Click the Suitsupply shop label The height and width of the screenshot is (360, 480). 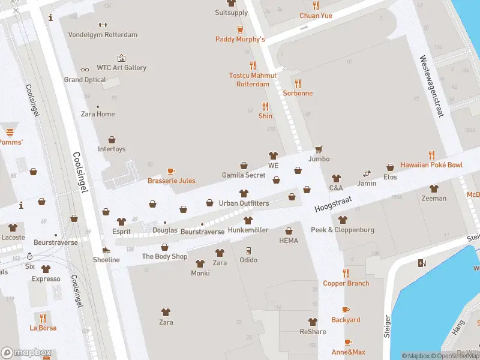[x=231, y=13]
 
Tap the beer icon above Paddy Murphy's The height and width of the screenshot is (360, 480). [x=240, y=29]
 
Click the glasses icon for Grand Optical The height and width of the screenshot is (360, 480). [x=85, y=70]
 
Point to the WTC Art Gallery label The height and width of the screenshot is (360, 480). [x=121, y=68]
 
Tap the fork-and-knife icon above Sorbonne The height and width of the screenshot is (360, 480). [x=298, y=83]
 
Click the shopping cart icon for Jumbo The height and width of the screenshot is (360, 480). [x=319, y=149]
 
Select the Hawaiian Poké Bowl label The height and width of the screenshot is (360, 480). [x=431, y=165]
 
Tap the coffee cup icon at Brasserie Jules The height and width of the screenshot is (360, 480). [x=171, y=171]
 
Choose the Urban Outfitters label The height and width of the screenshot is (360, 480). [x=244, y=203]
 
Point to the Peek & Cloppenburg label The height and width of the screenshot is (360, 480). [x=342, y=230]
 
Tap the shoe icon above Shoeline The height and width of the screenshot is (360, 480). [x=106, y=250]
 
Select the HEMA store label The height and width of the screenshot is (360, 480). [x=289, y=241]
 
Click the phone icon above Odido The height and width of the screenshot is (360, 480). [x=248, y=250]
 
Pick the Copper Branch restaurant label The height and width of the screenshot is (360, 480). [x=346, y=283]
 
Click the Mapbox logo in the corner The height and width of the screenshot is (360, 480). [x=26, y=353]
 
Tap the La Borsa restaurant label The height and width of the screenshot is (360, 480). [x=43, y=328]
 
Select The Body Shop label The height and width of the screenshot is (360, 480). [x=164, y=257]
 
